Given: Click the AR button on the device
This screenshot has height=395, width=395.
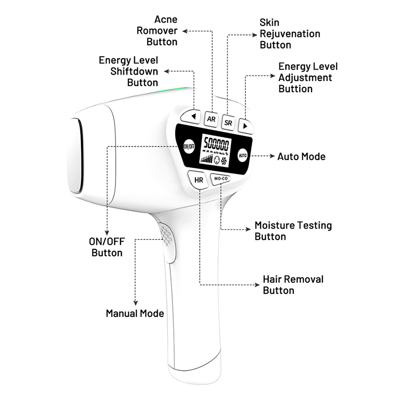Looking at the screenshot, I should pos(211,118).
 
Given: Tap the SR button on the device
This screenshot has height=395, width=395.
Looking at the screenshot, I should pos(228,121).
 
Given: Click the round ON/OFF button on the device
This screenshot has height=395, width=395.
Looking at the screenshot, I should pos(188,147).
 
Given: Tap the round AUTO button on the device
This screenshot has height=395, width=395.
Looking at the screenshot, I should pos(242,156).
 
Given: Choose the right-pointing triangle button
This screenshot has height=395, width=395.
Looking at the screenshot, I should pos(245,126).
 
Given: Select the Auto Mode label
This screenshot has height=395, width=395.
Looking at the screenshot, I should pos(301,157).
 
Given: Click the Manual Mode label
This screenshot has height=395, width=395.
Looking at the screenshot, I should pos(135,314).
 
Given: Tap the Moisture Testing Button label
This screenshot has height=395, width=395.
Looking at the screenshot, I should pos(293,231).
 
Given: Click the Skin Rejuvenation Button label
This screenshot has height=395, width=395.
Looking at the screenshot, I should pos(290,34).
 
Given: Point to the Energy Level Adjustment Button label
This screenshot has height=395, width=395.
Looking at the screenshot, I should pos(308,78).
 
